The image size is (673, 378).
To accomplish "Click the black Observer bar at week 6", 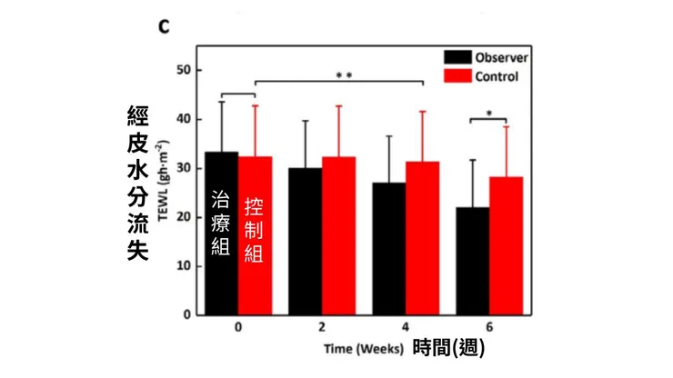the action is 473,262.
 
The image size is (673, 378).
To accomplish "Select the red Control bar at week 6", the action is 506,246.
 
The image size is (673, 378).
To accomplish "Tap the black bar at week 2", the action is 306,242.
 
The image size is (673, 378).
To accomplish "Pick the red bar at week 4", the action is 422,239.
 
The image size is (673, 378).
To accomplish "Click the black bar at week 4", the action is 389,249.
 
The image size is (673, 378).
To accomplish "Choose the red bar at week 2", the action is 338,236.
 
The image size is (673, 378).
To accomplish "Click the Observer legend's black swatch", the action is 457,57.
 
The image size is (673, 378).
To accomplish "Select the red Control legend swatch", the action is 457,76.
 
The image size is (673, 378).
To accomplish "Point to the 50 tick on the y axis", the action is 184,70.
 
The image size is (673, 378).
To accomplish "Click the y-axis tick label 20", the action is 184,217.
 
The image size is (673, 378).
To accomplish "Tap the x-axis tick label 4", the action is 406,327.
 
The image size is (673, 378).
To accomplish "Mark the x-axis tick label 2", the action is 322,327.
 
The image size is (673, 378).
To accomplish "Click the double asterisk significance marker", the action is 344,75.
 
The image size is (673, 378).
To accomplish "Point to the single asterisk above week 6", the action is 489,114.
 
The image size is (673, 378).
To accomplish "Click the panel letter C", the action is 164,26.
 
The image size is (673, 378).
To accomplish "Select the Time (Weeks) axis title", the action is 364,349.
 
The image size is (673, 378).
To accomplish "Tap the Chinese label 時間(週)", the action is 449,347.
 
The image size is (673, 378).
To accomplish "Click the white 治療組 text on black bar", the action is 221,224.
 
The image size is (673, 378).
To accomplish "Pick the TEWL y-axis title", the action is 163,181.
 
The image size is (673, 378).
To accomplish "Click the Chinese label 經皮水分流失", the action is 137,184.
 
